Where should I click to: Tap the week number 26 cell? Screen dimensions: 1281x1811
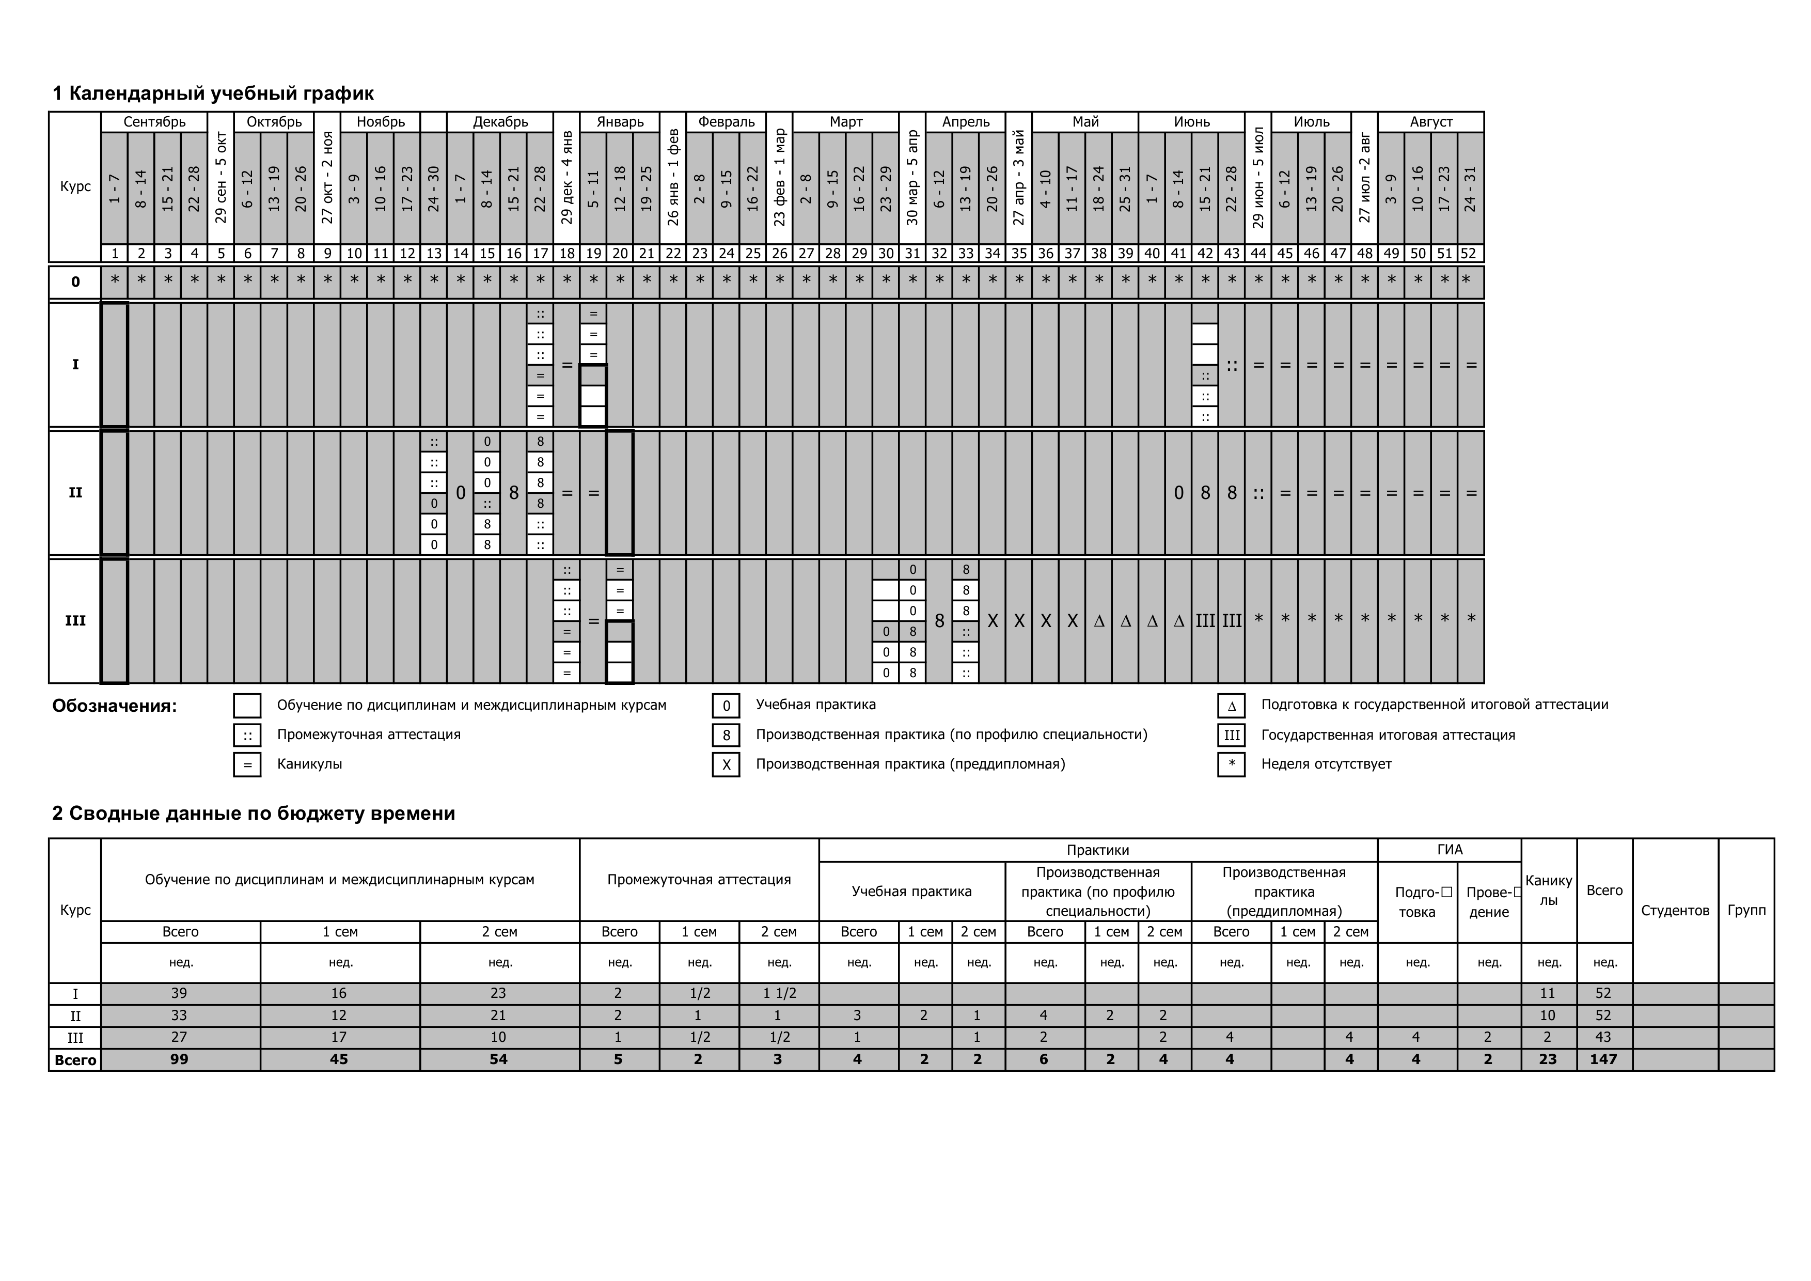(x=779, y=253)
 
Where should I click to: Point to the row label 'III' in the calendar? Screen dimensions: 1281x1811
(x=75, y=621)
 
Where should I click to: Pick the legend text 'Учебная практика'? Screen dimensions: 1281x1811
(x=815, y=705)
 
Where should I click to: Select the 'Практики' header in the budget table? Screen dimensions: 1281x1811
(x=1097, y=850)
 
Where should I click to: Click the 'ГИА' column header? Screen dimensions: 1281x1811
(x=1449, y=850)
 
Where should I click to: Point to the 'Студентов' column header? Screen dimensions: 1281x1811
(x=1675, y=910)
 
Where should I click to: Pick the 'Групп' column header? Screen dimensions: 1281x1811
(x=1745, y=910)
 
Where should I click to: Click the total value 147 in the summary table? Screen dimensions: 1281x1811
(x=1603, y=1059)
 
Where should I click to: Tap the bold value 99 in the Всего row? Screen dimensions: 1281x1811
(x=180, y=1059)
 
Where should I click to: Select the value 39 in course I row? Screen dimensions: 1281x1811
(x=180, y=993)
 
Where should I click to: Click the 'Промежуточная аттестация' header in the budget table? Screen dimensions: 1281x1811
(x=699, y=880)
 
